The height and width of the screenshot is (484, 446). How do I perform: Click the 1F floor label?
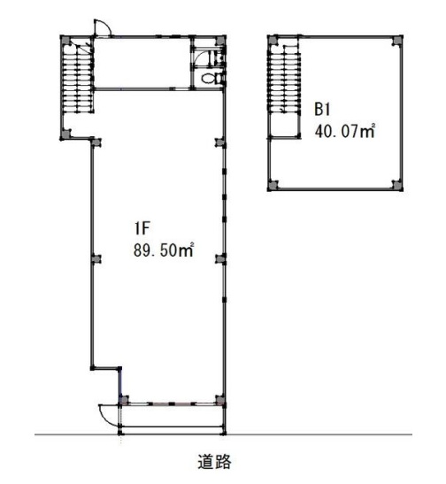pyautogui.click(x=142, y=228)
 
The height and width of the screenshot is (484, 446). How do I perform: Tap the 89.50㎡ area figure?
pyautogui.click(x=164, y=250)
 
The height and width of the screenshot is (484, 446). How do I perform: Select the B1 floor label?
pyautogui.click(x=322, y=110)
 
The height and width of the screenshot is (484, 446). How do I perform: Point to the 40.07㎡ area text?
pyautogui.click(x=345, y=131)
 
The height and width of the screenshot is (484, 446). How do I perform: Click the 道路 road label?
pyautogui.click(x=214, y=462)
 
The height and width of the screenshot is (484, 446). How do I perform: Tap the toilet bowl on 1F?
pyautogui.click(x=210, y=78)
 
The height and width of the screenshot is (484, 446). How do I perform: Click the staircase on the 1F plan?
pyautogui.click(x=78, y=77)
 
